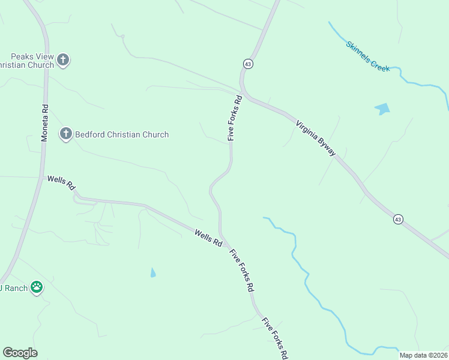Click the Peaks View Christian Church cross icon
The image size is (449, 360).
pyautogui.click(x=64, y=59)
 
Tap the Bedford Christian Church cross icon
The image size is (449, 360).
pyautogui.click(x=66, y=134)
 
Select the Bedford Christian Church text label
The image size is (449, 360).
pyautogui.click(x=121, y=135)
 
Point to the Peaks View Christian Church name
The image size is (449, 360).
pyautogui.click(x=28, y=60)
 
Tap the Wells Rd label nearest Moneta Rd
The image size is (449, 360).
pyautogui.click(x=61, y=182)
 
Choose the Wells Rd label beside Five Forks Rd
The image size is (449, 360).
pyautogui.click(x=208, y=238)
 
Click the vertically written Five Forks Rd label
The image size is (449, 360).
pyautogui.click(x=234, y=118)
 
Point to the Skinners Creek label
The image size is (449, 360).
pyautogui.click(x=367, y=56)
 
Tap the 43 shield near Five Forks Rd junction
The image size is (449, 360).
pyautogui.click(x=248, y=63)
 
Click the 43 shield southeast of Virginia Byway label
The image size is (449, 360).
pyautogui.click(x=398, y=220)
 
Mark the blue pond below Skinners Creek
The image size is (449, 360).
pyautogui.click(x=382, y=109)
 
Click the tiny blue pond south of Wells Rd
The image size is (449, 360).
pyautogui.click(x=152, y=273)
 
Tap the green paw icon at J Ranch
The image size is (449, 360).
pyautogui.click(x=37, y=287)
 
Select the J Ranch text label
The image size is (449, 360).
pyautogui.click(x=14, y=288)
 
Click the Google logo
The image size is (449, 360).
pyautogui.click(x=20, y=353)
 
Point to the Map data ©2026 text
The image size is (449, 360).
pyautogui.click(x=423, y=355)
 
